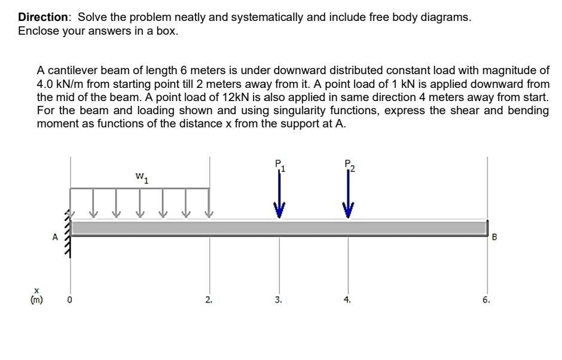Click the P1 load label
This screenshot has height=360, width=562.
[279, 164]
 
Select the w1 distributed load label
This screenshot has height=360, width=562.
[142, 177]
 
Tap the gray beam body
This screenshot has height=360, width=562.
[279, 228]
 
